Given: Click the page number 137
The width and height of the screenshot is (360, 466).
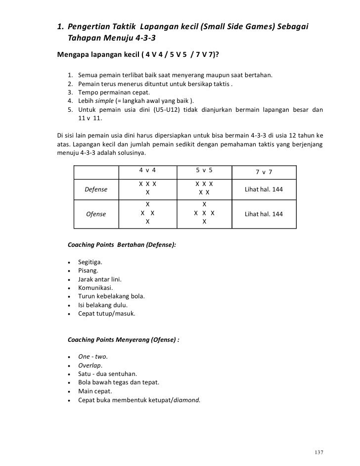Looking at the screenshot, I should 319,453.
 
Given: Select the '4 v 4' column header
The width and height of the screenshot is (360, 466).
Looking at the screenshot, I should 147,170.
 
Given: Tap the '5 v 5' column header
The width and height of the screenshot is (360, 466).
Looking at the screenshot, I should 204,170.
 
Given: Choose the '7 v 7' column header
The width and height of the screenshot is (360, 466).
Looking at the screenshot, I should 264,171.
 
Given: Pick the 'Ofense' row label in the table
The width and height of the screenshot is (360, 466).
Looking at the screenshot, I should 96,214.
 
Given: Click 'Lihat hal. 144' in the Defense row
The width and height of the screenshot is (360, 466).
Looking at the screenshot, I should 264,189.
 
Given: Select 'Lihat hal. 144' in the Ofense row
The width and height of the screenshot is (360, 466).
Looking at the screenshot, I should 264,214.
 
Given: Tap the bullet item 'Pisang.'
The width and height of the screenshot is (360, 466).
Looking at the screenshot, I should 88,271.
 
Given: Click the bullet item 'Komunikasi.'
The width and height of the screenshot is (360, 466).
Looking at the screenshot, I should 95,287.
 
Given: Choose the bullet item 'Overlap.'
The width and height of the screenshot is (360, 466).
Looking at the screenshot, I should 90,365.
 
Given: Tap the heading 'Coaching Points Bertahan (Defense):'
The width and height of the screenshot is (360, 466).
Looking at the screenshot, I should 121,245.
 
